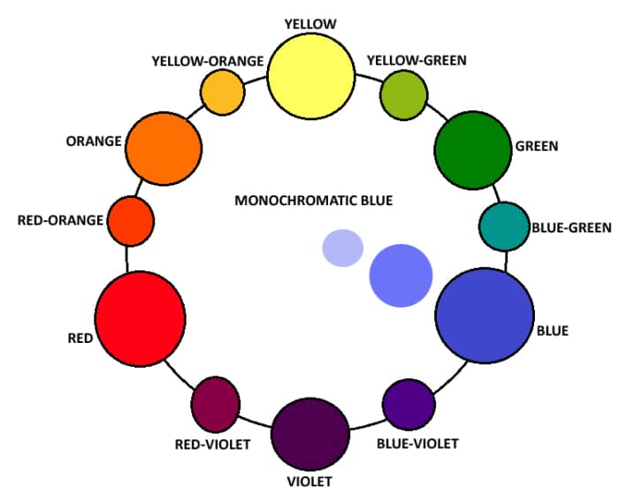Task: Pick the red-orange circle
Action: [x=131, y=221]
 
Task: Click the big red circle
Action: [x=141, y=319]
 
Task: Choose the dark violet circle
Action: [x=308, y=434]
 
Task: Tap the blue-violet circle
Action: [x=409, y=403]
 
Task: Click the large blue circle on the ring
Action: [x=485, y=317]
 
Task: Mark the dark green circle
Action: [x=473, y=149]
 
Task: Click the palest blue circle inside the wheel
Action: [x=343, y=247]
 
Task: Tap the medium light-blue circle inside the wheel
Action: [x=401, y=275]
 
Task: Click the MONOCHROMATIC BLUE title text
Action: [x=313, y=201]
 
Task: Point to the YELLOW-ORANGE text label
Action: [x=208, y=61]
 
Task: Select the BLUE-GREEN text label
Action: [x=571, y=227]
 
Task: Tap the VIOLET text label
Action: [x=309, y=482]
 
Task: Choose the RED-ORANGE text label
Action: [x=60, y=220]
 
